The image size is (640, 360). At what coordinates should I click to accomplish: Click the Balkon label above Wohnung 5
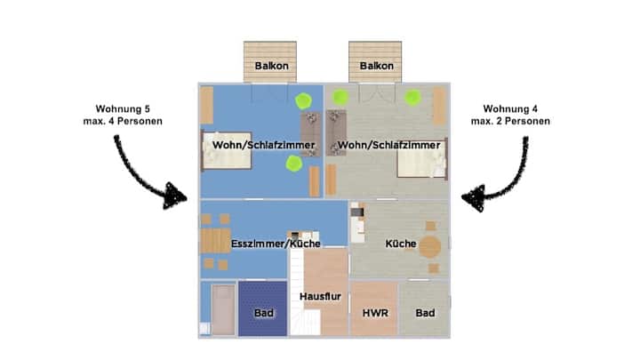click(271, 66)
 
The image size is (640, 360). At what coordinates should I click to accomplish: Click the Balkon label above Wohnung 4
click(376, 66)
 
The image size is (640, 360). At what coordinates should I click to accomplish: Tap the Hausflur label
click(320, 296)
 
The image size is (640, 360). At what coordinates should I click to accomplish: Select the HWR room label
click(375, 313)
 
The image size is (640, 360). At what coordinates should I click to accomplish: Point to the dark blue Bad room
click(263, 308)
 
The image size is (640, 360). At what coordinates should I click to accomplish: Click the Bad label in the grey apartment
click(425, 313)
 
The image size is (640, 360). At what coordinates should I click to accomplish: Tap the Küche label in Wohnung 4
click(400, 244)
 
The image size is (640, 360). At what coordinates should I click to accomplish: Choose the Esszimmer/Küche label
click(276, 244)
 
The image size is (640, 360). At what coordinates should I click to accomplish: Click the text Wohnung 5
click(123, 109)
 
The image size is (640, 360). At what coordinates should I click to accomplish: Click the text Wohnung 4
click(510, 109)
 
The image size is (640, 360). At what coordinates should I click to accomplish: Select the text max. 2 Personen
click(510, 121)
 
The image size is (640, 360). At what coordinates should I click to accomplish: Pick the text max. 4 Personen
click(123, 121)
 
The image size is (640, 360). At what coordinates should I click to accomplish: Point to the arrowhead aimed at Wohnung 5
click(175, 196)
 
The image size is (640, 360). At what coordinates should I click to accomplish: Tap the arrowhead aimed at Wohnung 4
click(474, 197)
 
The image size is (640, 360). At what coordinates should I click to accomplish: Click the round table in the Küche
click(430, 246)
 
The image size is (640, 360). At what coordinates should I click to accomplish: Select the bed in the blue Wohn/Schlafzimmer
click(227, 150)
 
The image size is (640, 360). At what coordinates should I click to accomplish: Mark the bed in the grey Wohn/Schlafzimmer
click(422, 158)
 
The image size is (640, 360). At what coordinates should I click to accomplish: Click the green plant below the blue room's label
click(294, 164)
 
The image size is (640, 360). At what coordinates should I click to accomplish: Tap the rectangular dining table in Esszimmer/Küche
click(215, 241)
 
